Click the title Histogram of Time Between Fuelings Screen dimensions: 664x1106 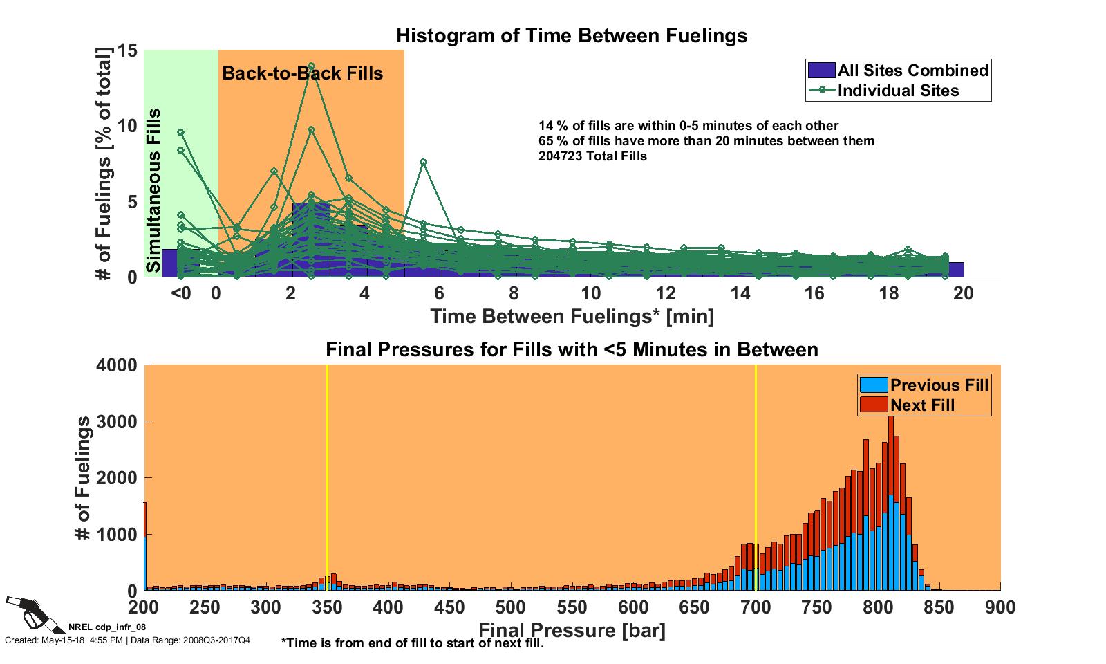(x=572, y=35)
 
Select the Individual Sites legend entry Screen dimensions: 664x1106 (x=898, y=91)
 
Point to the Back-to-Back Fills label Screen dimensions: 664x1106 (x=302, y=73)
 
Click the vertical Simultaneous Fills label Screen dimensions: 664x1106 (x=154, y=190)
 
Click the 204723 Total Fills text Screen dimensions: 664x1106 (x=592, y=156)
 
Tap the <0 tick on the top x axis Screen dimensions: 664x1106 (x=180, y=294)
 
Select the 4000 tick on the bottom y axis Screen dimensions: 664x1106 (x=117, y=365)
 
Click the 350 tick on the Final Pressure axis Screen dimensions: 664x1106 (x=327, y=608)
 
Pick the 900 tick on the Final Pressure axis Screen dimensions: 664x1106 (x=1000, y=608)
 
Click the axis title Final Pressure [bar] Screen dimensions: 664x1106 (x=572, y=631)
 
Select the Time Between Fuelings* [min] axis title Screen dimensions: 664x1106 (x=572, y=317)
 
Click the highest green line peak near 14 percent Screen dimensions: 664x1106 (x=311, y=66)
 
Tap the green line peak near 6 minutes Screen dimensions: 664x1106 (x=423, y=163)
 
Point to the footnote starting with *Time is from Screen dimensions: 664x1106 (x=413, y=643)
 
